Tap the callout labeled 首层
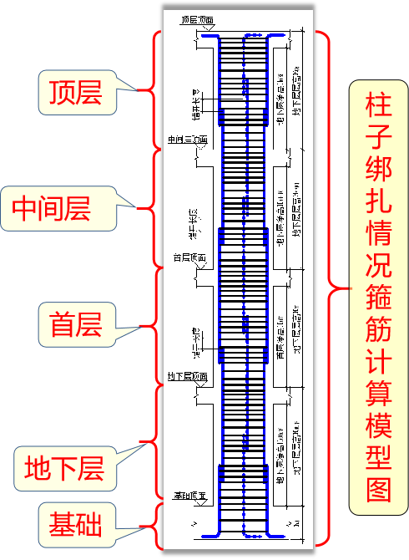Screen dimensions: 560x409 75,326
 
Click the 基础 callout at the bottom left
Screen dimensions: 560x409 75,526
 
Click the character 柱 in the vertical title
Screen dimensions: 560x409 377,105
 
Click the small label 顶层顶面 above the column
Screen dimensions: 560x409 196,18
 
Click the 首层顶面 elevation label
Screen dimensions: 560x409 189,258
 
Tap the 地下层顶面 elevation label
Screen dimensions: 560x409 187,377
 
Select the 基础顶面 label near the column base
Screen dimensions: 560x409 189,496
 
